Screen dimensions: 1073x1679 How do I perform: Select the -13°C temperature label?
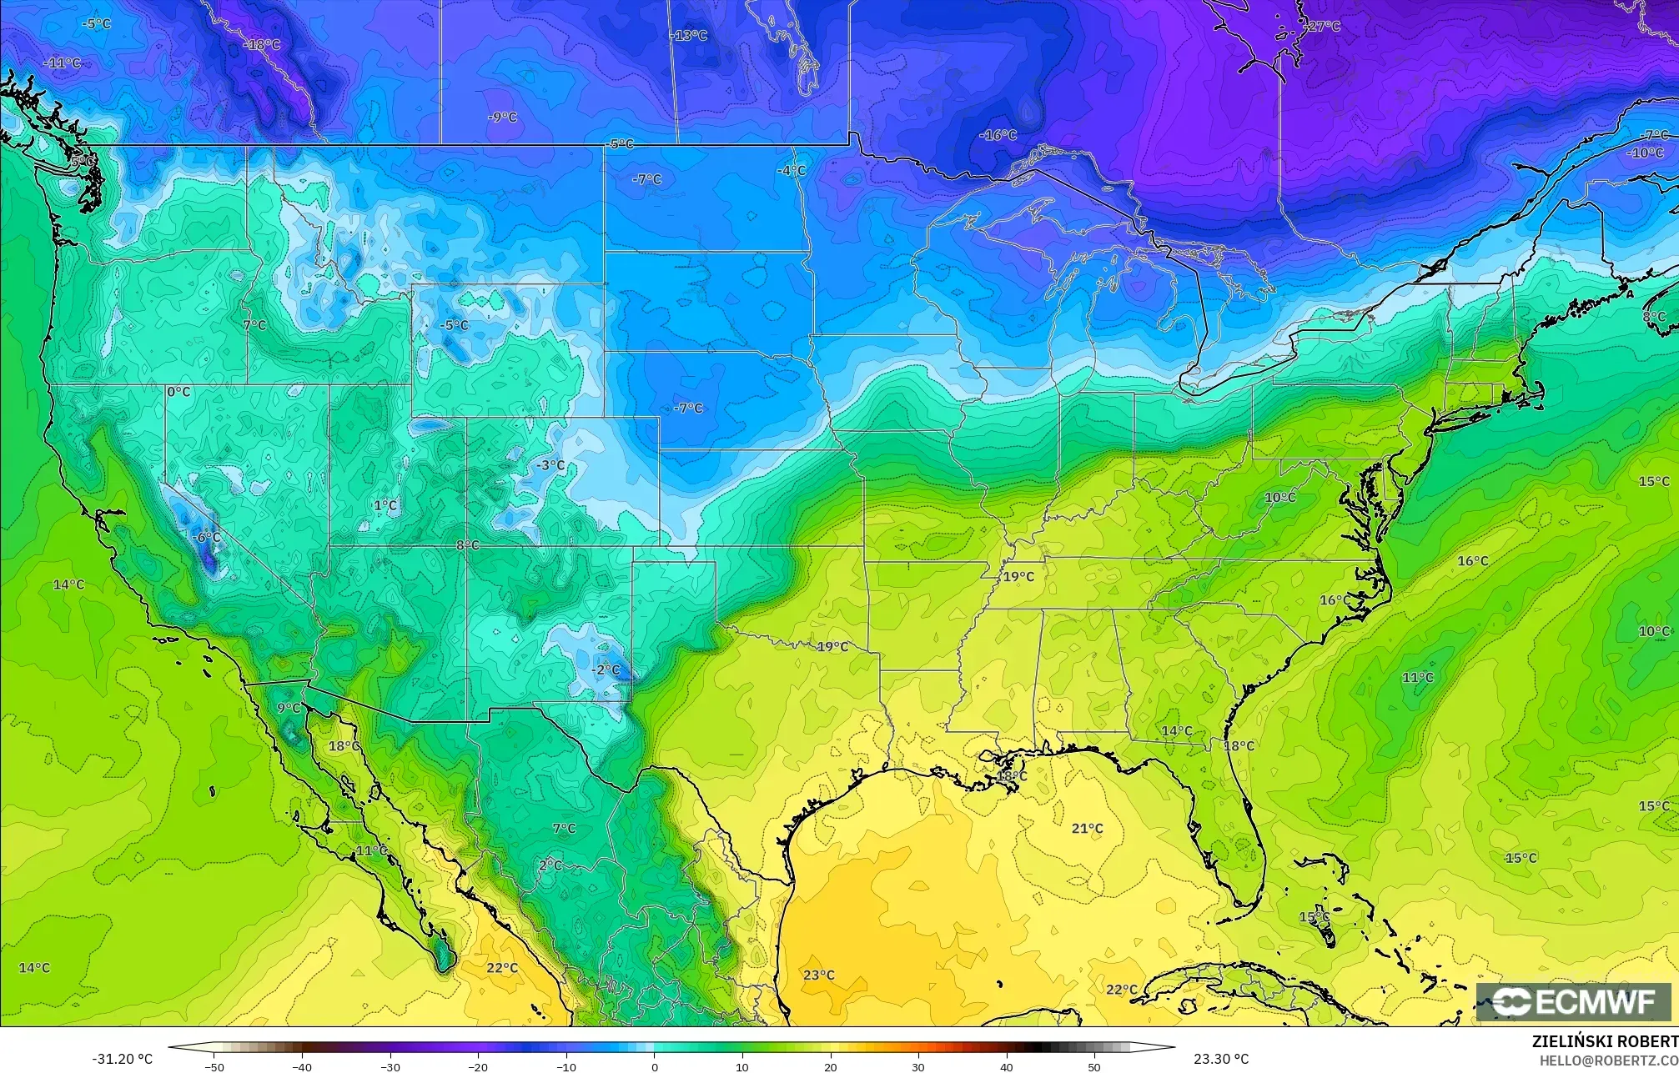click(x=689, y=36)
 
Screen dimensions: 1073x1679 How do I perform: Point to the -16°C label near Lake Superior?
click(x=998, y=135)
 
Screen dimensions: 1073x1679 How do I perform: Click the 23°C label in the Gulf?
click(x=818, y=975)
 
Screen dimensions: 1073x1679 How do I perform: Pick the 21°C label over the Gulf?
click(x=1087, y=828)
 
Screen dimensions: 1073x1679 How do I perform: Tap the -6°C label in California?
click(x=206, y=538)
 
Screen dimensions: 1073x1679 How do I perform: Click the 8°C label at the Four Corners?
click(x=468, y=545)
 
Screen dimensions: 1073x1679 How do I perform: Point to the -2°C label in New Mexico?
click(x=606, y=669)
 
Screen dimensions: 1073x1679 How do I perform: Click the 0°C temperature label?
click(x=178, y=392)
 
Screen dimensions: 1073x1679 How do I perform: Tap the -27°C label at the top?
click(x=1322, y=26)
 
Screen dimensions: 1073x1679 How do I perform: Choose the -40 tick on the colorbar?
click(x=302, y=1066)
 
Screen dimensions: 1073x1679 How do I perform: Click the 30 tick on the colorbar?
click(x=918, y=1066)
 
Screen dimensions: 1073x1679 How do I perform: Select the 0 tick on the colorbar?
click(x=655, y=1066)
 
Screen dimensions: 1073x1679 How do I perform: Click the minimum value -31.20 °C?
click(x=122, y=1059)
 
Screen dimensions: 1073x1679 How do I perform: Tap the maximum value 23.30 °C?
click(x=1221, y=1059)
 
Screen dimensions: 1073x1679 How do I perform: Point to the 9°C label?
click(x=289, y=709)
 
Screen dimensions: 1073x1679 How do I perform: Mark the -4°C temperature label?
click(x=792, y=171)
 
